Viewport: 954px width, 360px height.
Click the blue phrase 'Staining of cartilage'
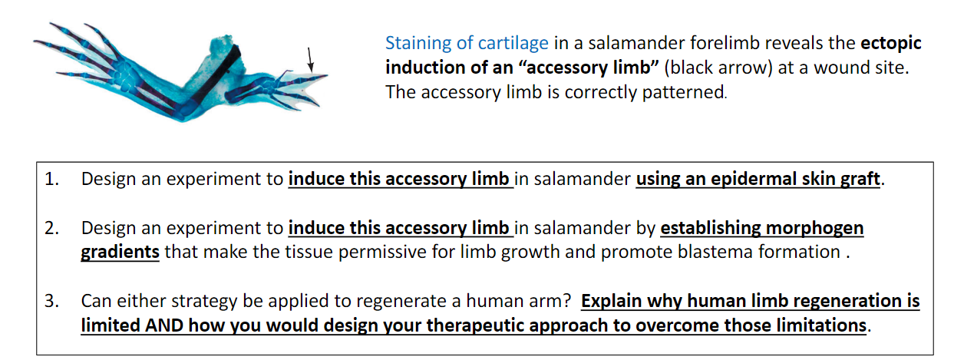467,43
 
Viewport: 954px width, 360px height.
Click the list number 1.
51,180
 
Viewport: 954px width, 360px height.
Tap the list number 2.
51,229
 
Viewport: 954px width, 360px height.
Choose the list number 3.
51,301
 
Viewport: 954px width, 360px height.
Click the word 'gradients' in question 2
120,253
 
